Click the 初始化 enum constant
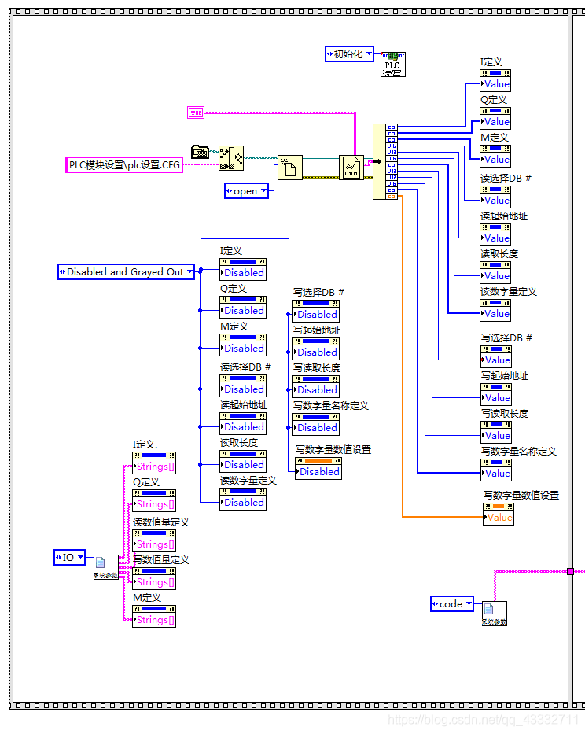348,54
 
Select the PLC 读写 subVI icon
392,64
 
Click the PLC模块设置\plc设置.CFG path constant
123,164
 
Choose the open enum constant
246,190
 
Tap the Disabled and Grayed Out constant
126,272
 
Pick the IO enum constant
69,557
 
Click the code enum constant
451,603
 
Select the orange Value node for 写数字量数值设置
499,517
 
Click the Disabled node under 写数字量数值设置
318,471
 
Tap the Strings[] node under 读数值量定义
154,544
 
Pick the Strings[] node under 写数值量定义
154,581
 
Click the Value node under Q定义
495,121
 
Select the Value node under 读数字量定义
495,313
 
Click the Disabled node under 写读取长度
316,389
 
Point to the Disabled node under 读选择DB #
243,389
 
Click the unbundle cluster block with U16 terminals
385,161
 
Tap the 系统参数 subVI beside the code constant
495,612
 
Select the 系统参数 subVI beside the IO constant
105,566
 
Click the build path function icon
231,158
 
